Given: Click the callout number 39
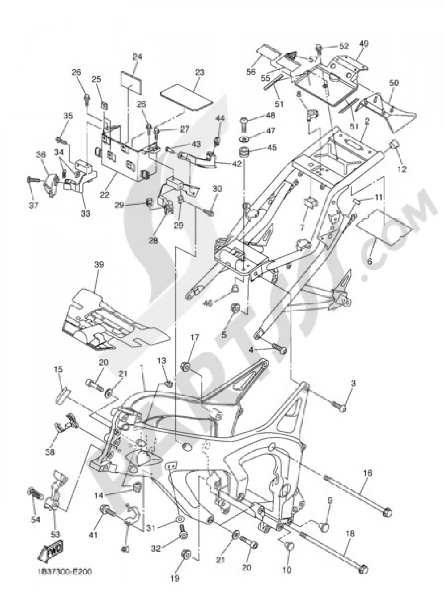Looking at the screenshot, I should click(99, 264).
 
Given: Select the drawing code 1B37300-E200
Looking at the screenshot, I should click(63, 571).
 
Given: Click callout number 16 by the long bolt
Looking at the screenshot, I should click(368, 473).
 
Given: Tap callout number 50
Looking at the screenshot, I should click(393, 83).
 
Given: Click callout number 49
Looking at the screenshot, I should click(364, 44).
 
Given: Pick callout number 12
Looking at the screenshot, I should click(402, 169).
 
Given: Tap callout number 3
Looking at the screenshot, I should click(353, 383).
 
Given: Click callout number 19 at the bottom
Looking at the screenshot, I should click(175, 578).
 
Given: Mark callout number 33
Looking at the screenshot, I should click(86, 214).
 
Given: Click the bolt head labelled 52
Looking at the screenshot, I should click(319, 47).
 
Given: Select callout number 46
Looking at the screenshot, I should click(208, 303).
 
